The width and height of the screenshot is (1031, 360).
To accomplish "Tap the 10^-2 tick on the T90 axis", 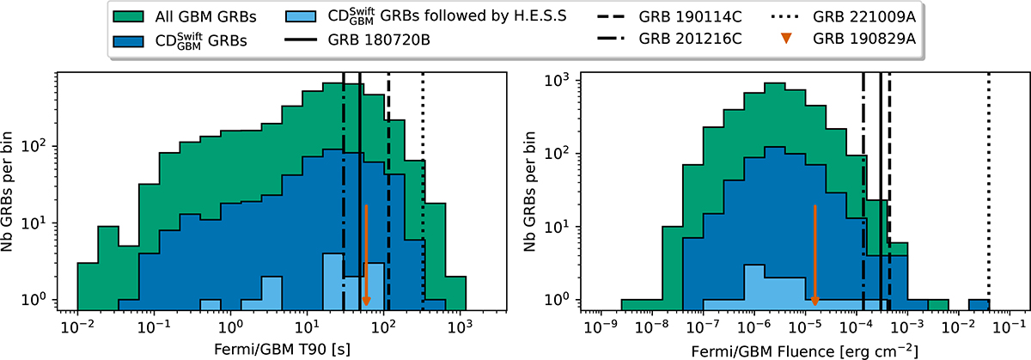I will point(77,327).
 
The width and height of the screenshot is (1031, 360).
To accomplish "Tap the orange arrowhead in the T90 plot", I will point(366,300).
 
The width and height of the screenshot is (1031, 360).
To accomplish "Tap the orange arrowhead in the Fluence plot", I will point(814,300).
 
